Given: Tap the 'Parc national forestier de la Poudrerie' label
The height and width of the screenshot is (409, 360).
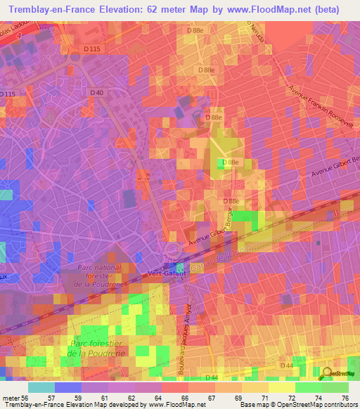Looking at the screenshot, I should pyautogui.click(x=98, y=276).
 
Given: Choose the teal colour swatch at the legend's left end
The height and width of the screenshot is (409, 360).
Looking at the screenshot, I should pyautogui.click(x=41, y=387).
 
